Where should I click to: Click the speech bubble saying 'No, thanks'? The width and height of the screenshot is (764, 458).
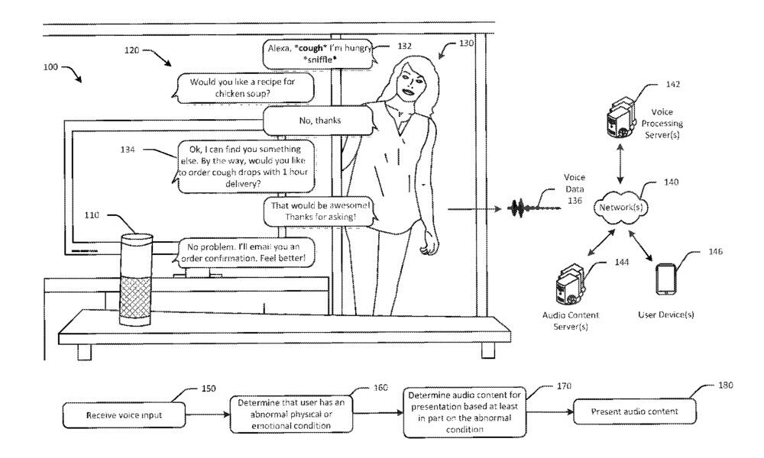pyautogui.click(x=318, y=120)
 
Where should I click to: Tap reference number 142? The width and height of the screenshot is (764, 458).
pyautogui.click(x=651, y=84)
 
